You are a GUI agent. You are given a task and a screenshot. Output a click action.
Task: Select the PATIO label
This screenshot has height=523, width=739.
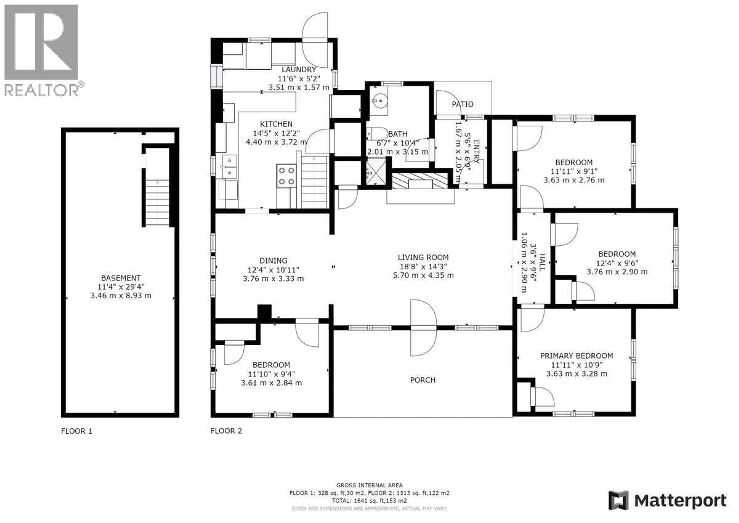point(462,104)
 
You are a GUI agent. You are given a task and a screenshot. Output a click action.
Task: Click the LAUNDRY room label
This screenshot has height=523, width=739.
point(299,69)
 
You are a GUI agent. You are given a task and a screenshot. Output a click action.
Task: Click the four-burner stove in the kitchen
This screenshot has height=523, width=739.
point(286,176)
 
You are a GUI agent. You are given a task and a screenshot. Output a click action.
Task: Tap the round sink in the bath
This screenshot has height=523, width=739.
point(379,101)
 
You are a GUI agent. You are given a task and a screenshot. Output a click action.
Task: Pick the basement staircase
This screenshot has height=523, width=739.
point(157,202)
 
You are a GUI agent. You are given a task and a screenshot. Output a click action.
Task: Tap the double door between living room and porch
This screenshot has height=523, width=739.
point(423,328)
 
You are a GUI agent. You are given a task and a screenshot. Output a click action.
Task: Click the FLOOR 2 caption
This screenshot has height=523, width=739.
point(226,431)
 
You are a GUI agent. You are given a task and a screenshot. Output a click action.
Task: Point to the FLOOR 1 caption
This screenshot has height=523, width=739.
point(77,431)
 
